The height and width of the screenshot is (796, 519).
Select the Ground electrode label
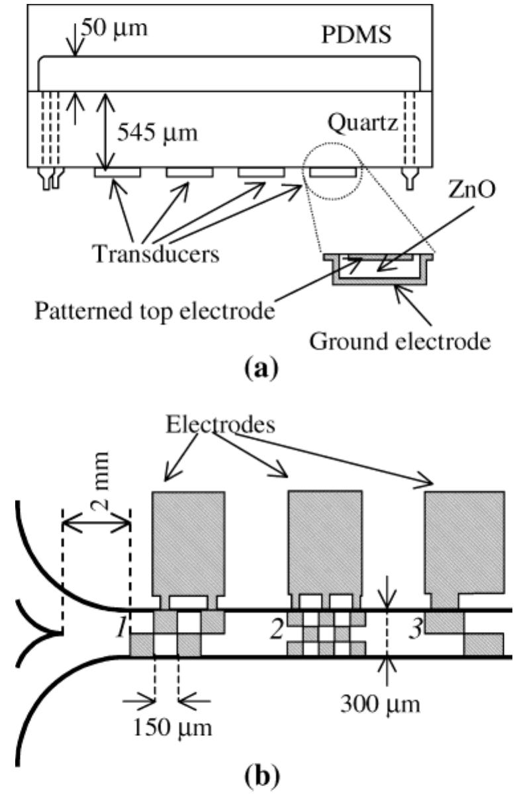414,342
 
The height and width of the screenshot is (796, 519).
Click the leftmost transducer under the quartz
117,172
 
